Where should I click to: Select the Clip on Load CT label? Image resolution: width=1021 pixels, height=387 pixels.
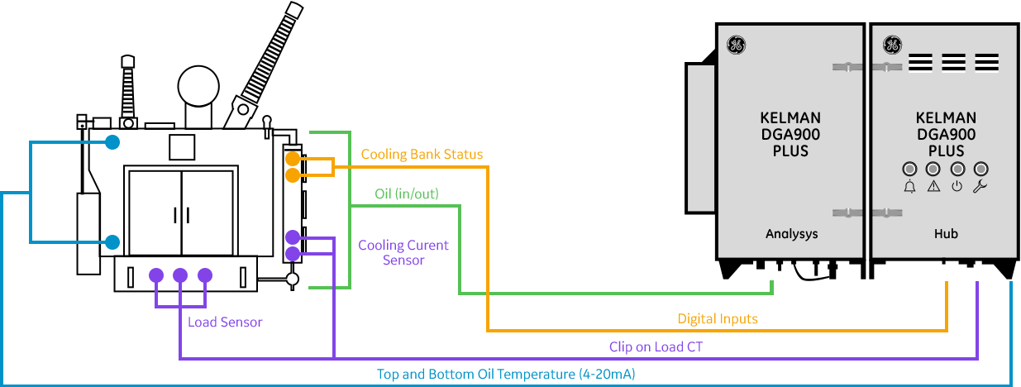click(x=656, y=349)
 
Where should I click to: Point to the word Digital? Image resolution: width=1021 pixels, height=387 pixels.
click(x=696, y=320)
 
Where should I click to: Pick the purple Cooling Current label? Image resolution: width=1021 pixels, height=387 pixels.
click(x=403, y=246)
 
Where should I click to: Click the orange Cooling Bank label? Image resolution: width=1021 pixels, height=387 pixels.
click(x=409, y=155)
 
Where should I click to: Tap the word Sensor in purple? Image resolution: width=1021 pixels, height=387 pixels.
click(x=241, y=323)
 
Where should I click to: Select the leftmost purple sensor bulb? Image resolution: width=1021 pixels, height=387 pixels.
click(x=156, y=278)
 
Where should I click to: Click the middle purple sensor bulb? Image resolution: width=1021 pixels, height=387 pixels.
click(x=180, y=278)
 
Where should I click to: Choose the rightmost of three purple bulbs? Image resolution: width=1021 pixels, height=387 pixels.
click(x=205, y=278)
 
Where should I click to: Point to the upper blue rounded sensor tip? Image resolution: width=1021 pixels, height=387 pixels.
click(x=112, y=142)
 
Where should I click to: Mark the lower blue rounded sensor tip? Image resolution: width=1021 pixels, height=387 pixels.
click(x=112, y=242)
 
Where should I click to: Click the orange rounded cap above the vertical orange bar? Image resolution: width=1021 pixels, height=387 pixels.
click(x=293, y=158)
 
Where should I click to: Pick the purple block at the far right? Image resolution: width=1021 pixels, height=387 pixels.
click(x=992, y=318)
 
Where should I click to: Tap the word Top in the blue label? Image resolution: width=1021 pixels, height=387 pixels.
click(x=388, y=375)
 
